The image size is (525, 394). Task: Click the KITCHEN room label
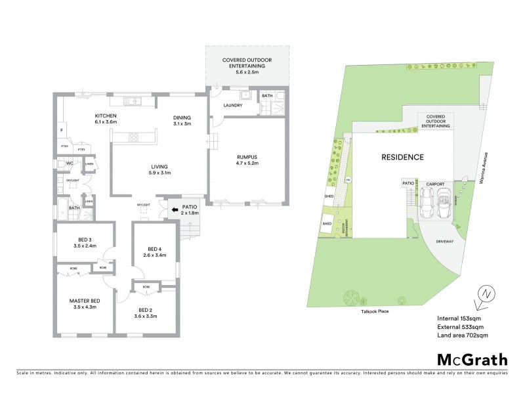tap(87, 114)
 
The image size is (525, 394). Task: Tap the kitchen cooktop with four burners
tap(133, 137)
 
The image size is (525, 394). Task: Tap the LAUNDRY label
tap(233, 105)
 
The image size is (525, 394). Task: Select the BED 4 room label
tap(154, 249)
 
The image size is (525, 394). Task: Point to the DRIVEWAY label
tap(445, 242)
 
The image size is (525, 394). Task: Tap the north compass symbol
tap(484, 295)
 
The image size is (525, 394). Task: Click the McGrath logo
tap(472, 359)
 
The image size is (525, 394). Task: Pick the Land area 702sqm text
tap(463, 335)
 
